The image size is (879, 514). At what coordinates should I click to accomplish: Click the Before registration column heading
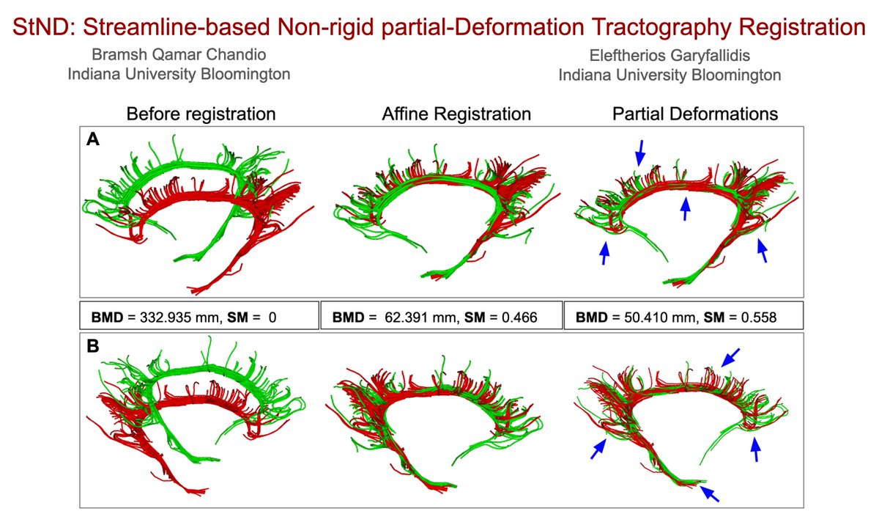(201, 114)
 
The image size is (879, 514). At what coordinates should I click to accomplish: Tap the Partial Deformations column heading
(694, 114)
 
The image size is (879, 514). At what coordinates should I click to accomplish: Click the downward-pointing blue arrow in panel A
(640, 152)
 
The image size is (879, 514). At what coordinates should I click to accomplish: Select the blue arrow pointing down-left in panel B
(729, 359)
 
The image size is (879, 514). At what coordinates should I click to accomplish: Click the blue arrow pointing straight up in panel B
(756, 449)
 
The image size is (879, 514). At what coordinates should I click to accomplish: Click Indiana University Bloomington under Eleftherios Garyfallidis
(669, 74)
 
